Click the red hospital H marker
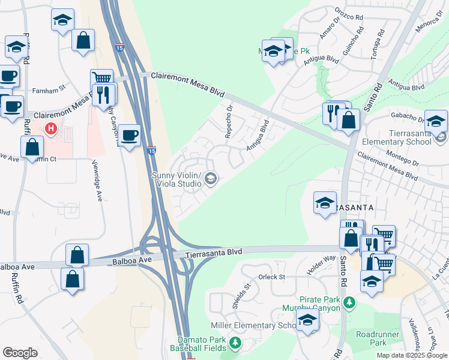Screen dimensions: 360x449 (52, 128)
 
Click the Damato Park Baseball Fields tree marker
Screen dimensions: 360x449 (235, 343)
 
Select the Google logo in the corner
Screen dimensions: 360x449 (20, 353)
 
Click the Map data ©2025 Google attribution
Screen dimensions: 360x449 (412, 355)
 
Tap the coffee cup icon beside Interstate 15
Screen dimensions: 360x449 (129, 134)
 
